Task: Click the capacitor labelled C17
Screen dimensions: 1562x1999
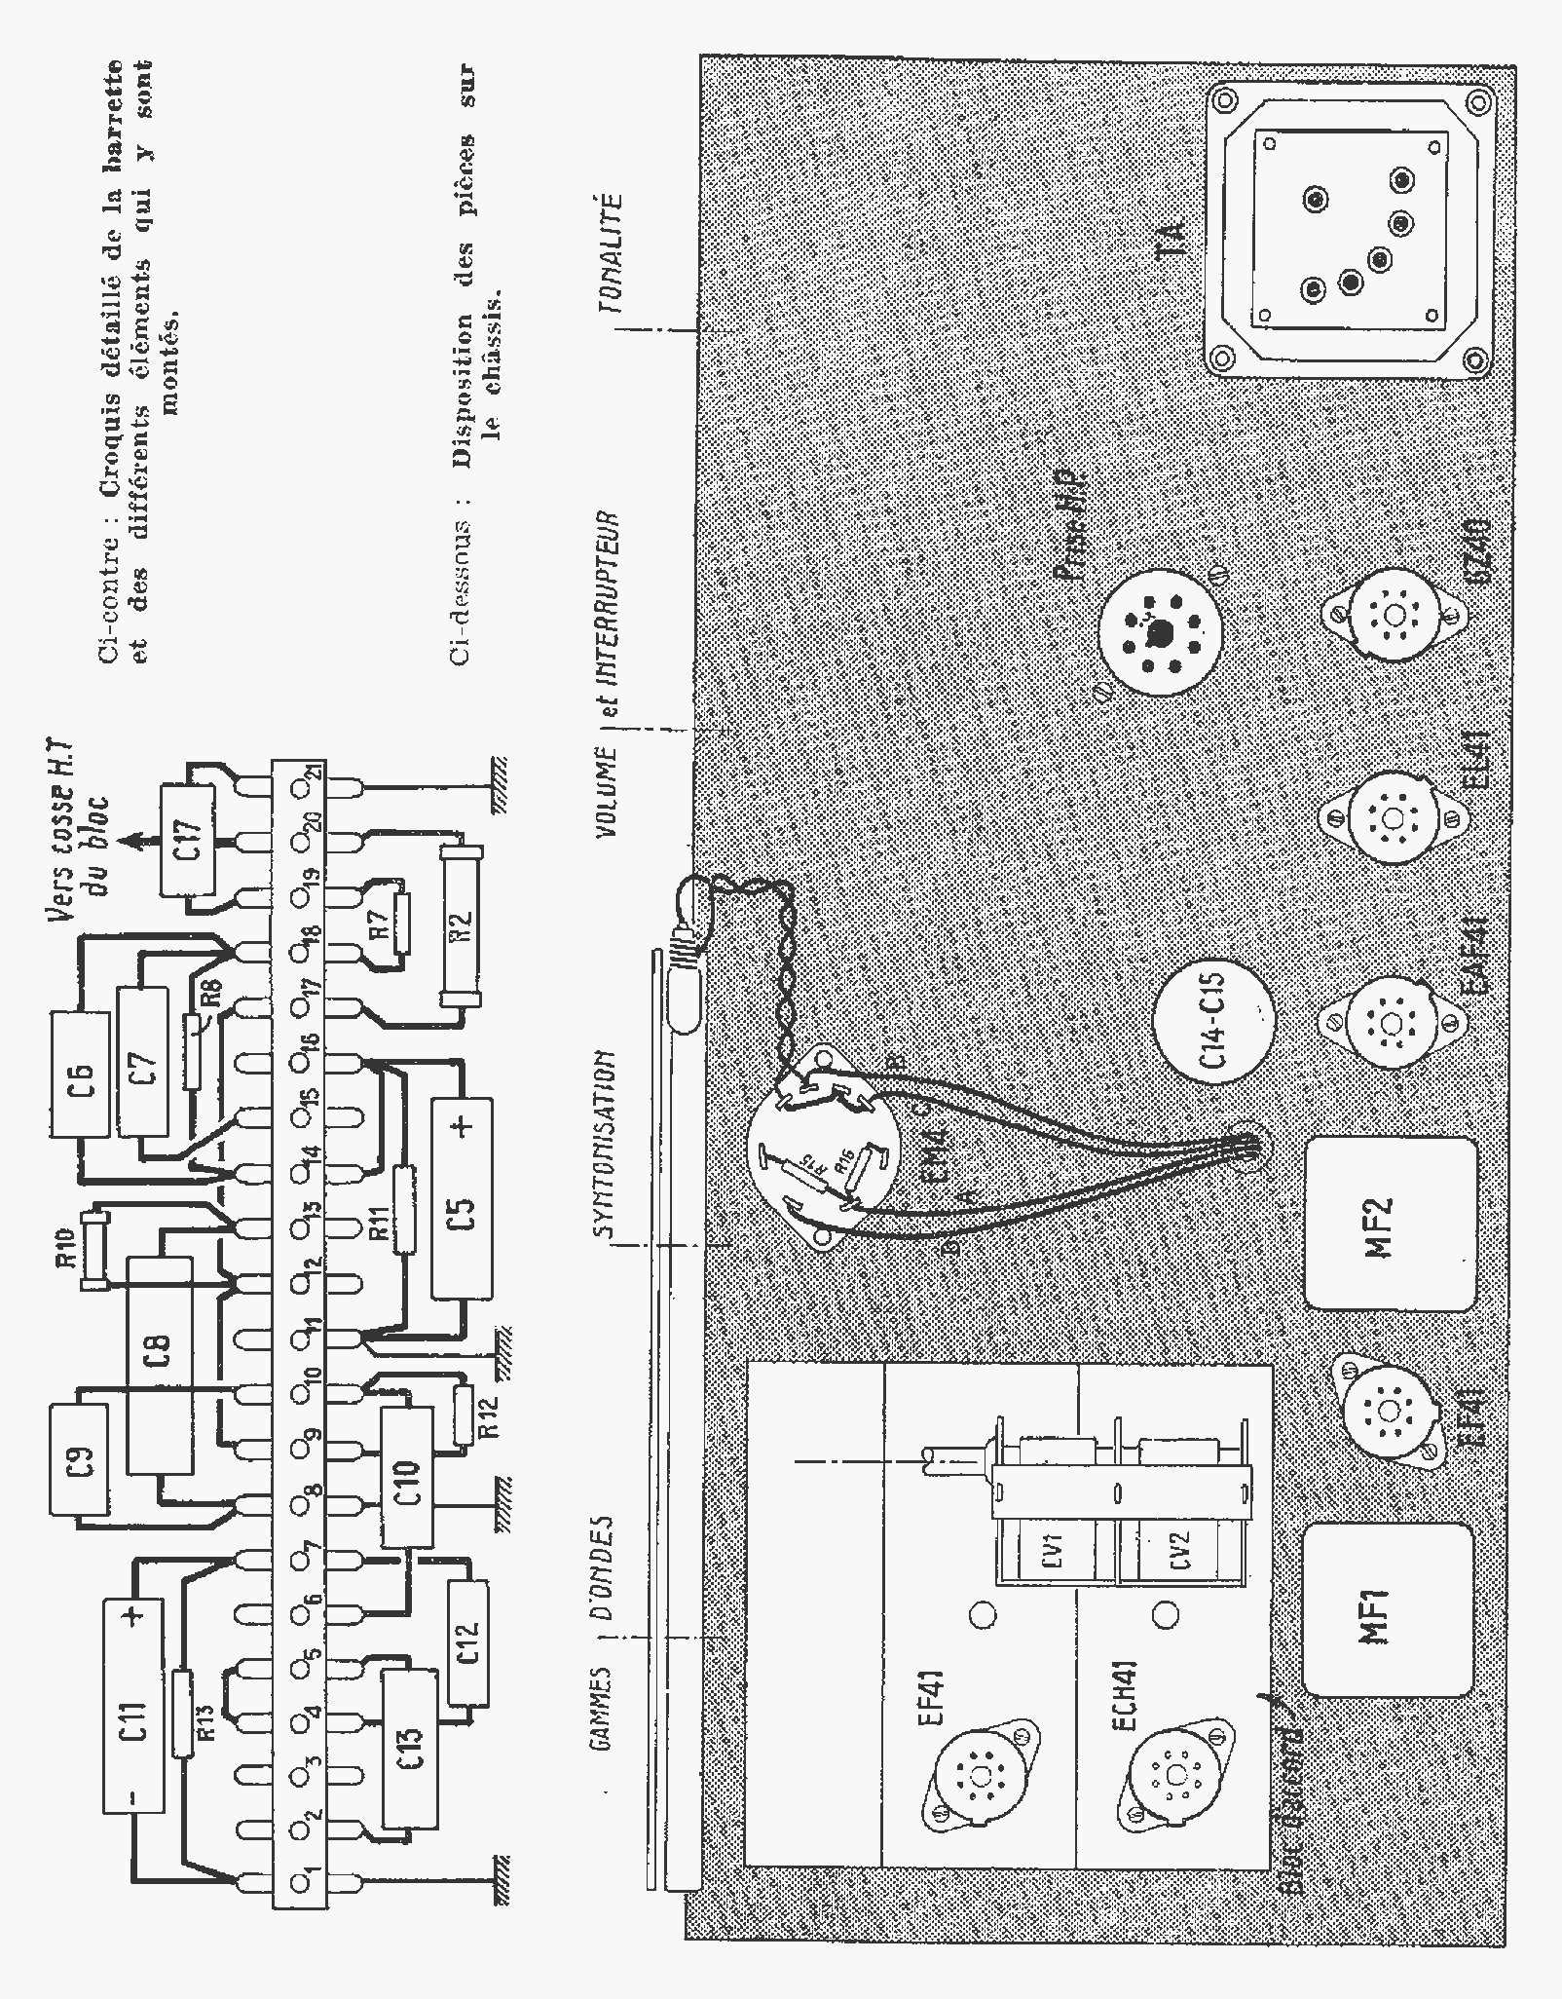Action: coord(189,838)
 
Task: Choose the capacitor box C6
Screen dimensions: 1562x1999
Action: coord(80,1073)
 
